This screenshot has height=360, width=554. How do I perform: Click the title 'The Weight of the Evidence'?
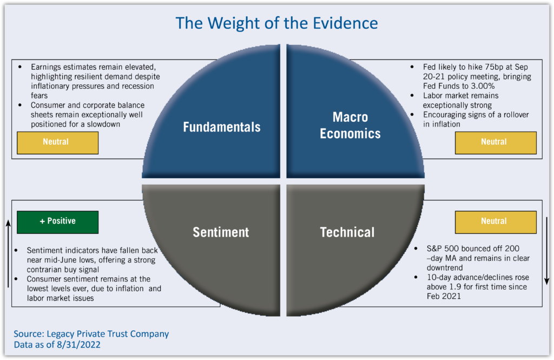pyautogui.click(x=276, y=23)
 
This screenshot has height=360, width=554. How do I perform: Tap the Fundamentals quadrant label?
pyautogui.click(x=221, y=127)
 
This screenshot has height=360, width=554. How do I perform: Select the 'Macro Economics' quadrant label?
pyautogui.click(x=350, y=125)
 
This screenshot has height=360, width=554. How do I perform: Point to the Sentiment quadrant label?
pyautogui.click(x=221, y=232)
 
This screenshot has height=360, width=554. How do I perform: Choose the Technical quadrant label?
pyautogui.click(x=347, y=232)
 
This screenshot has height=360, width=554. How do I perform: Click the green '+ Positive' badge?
pyautogui.click(x=57, y=221)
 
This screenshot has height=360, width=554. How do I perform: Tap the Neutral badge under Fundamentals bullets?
pyautogui.click(x=57, y=142)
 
